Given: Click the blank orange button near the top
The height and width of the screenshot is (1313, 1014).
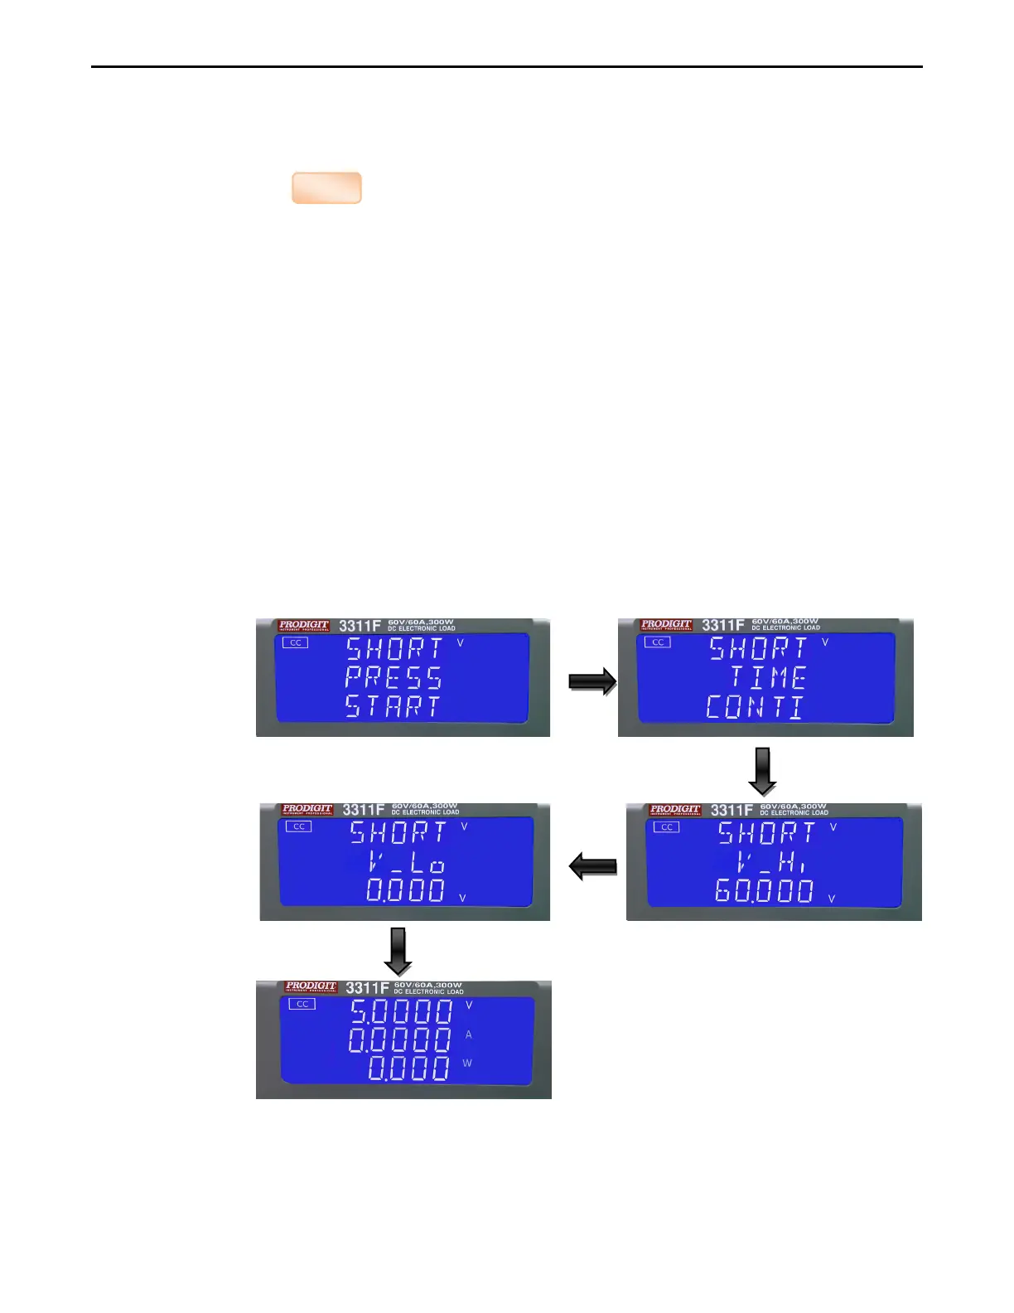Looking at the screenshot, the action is [x=326, y=188].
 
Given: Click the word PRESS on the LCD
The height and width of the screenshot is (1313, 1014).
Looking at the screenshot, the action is [x=394, y=677].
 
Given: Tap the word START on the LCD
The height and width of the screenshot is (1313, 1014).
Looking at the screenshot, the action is [x=393, y=706].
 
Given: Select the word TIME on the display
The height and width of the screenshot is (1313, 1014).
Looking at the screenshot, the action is [x=768, y=678].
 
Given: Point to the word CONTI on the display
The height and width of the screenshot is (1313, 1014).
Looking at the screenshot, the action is [x=754, y=707].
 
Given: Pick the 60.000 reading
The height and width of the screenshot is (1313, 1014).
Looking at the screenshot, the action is [x=764, y=891].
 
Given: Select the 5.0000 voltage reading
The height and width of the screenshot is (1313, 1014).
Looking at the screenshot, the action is [x=401, y=1011].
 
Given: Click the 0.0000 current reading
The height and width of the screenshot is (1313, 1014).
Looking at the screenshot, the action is [x=400, y=1039].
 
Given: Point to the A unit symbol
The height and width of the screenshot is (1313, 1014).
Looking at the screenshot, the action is [x=468, y=1034].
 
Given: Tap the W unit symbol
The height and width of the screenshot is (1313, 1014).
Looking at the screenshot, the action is [x=467, y=1063].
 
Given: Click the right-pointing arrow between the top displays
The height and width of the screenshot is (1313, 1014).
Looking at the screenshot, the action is [x=592, y=682].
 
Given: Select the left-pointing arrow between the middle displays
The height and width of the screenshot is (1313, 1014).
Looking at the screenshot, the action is [x=592, y=867].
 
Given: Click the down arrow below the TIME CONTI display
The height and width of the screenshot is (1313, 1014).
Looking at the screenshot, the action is [x=762, y=771].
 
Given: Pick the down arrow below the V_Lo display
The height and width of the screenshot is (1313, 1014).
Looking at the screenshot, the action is [x=398, y=951].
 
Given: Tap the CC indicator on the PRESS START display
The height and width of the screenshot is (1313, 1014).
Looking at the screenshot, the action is [x=296, y=642].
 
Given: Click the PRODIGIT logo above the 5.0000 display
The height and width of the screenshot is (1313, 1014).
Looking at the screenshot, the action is [x=311, y=986].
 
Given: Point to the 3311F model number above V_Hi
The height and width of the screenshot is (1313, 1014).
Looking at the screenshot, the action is [x=732, y=810].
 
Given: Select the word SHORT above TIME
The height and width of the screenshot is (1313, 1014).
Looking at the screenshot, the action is [x=758, y=648].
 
